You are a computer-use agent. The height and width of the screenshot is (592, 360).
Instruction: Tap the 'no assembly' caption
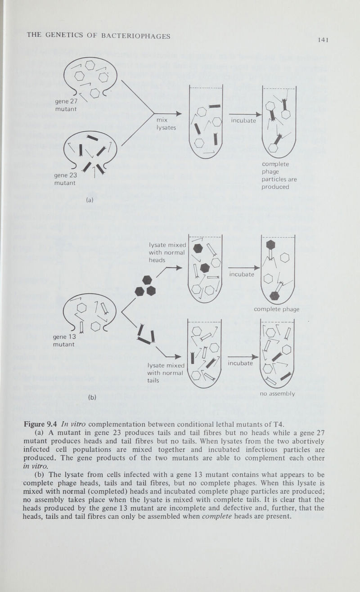tap(277, 394)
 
